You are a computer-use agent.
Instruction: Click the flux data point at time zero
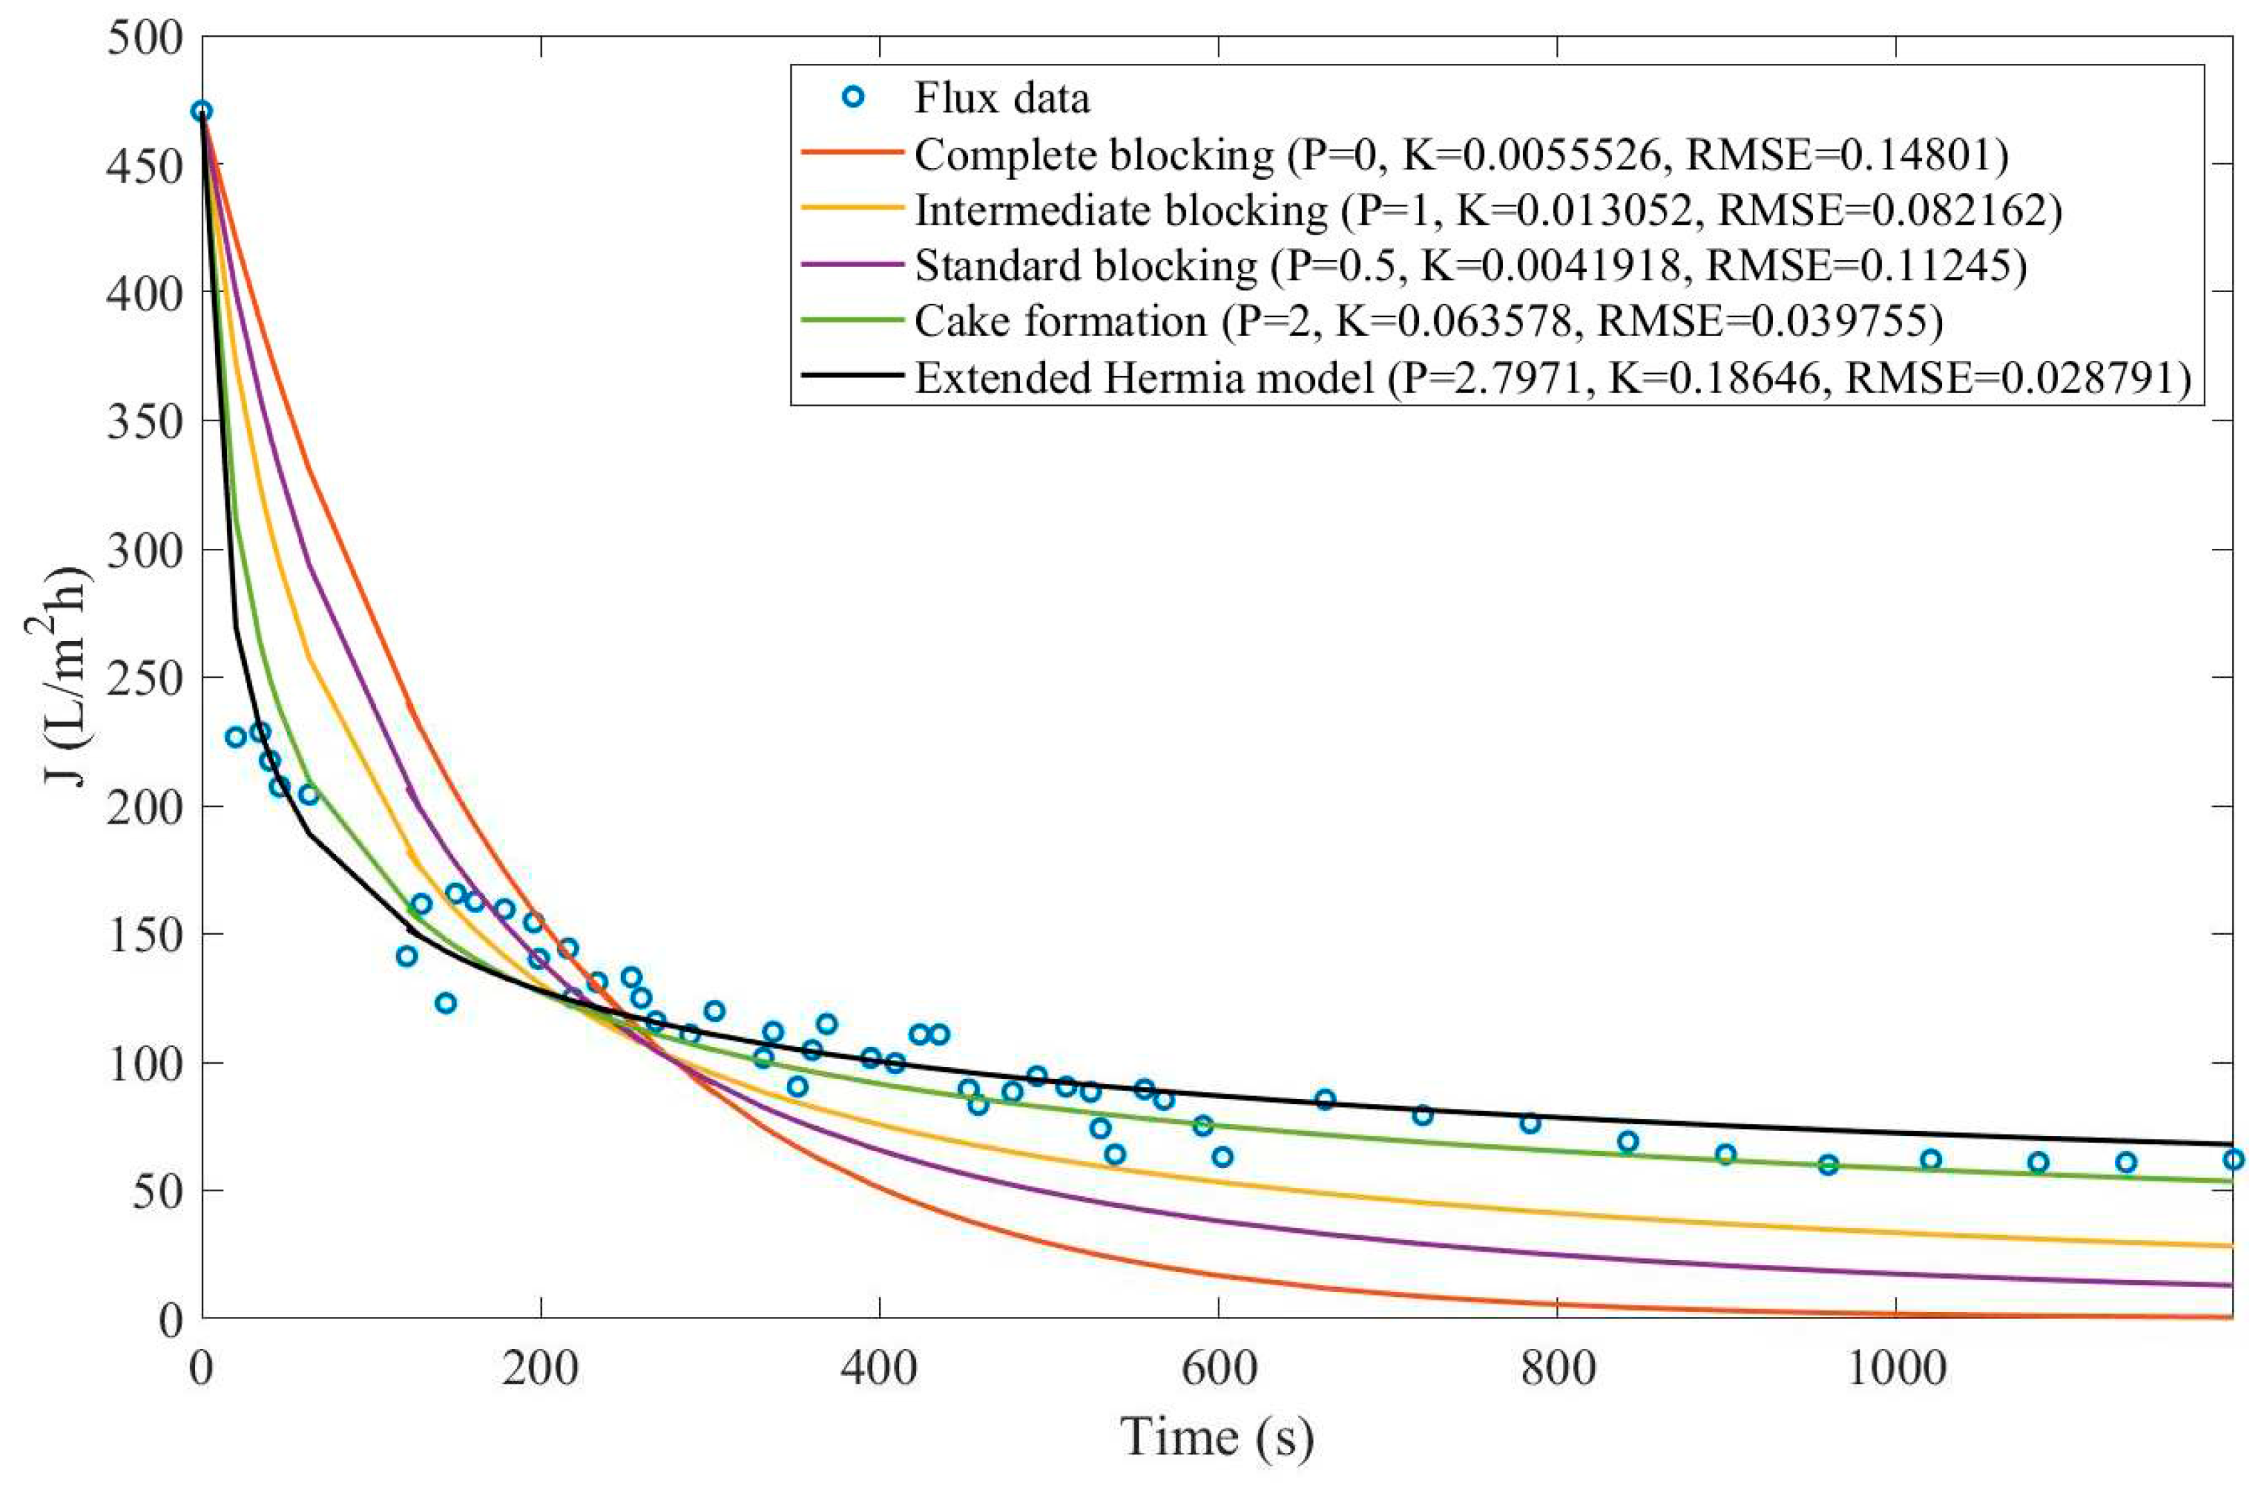(x=201, y=112)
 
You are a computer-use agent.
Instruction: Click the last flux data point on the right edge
(x=2232, y=1159)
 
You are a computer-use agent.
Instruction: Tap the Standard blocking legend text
(x=1085, y=265)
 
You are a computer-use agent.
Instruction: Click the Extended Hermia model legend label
(x=1143, y=377)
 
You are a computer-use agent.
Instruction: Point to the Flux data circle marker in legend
(x=854, y=97)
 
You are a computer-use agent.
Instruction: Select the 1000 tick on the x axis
(x=1896, y=1367)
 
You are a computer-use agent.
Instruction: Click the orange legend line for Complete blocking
(x=852, y=153)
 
